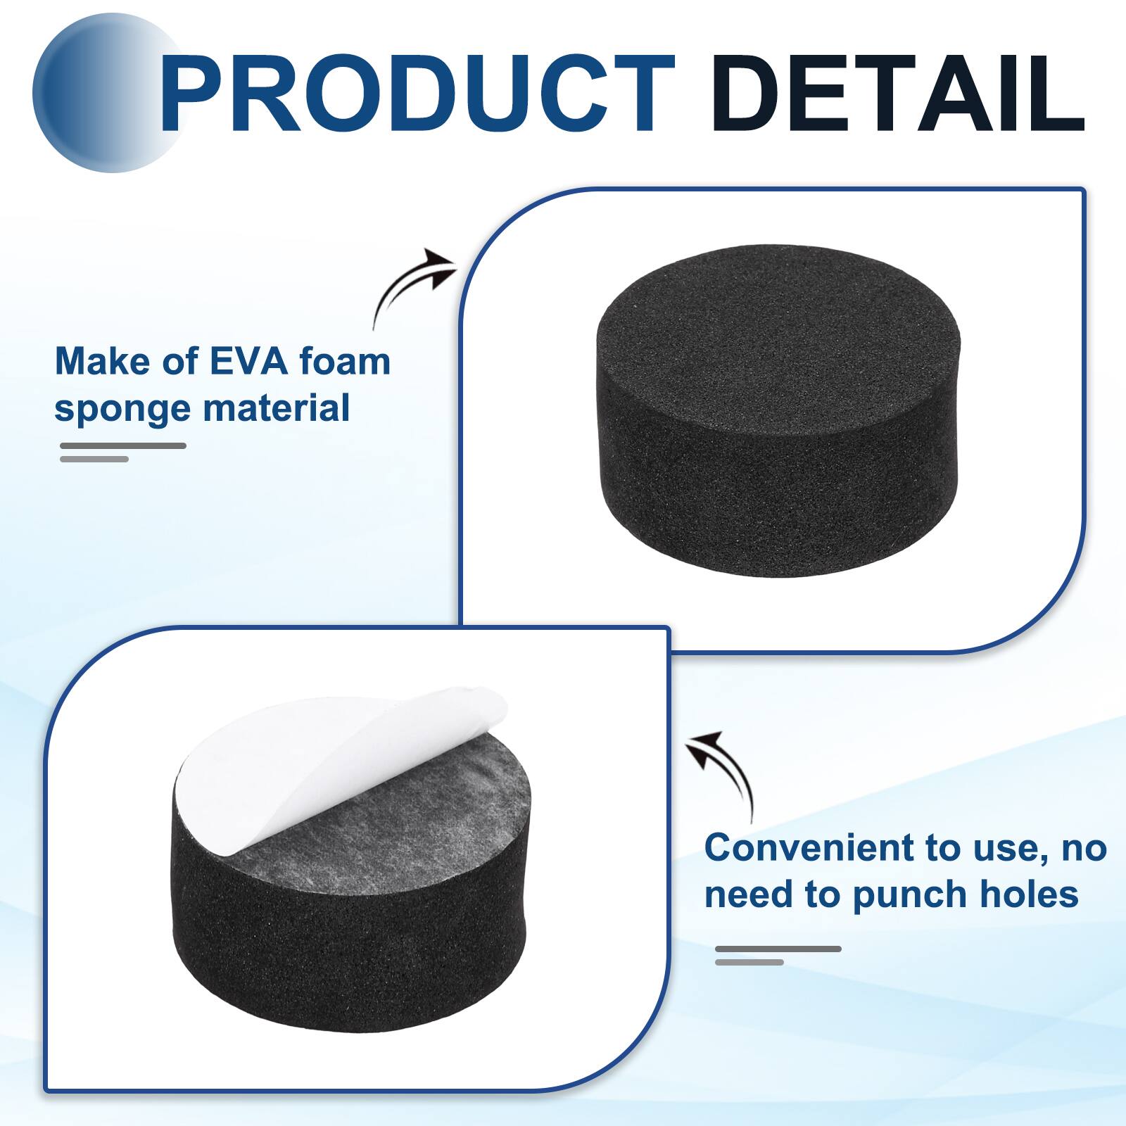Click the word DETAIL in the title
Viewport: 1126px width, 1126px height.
click(x=897, y=94)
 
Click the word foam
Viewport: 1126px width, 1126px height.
click(x=345, y=362)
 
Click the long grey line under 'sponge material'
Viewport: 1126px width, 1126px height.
click(x=123, y=445)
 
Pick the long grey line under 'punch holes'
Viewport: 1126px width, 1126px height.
click(x=778, y=949)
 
